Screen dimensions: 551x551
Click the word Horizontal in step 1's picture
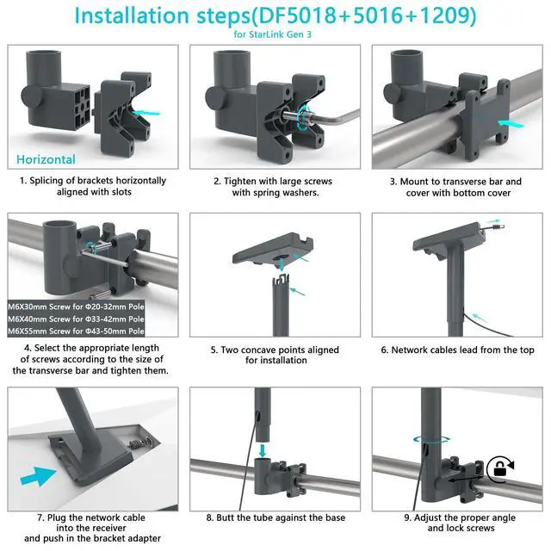click(x=46, y=159)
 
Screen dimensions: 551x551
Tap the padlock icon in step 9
click(x=499, y=469)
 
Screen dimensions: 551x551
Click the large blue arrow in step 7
click(x=38, y=476)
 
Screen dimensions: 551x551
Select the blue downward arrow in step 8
click(x=262, y=451)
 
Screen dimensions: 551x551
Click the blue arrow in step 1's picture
click(x=146, y=113)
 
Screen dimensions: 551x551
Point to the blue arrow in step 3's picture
click(x=511, y=124)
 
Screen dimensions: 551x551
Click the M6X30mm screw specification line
click(x=76, y=306)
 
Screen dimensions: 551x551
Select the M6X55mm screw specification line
click(x=76, y=331)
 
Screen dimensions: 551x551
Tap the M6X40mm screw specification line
click(x=76, y=319)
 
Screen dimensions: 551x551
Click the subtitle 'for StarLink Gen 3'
click(x=273, y=34)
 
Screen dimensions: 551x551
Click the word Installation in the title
click(x=132, y=15)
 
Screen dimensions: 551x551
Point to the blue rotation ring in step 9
click(x=431, y=439)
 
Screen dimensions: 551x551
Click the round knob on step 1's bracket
click(x=32, y=96)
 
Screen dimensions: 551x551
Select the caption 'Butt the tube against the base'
click(x=281, y=517)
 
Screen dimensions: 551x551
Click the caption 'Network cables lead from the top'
click(x=462, y=350)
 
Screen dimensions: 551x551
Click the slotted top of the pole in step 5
click(x=281, y=281)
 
